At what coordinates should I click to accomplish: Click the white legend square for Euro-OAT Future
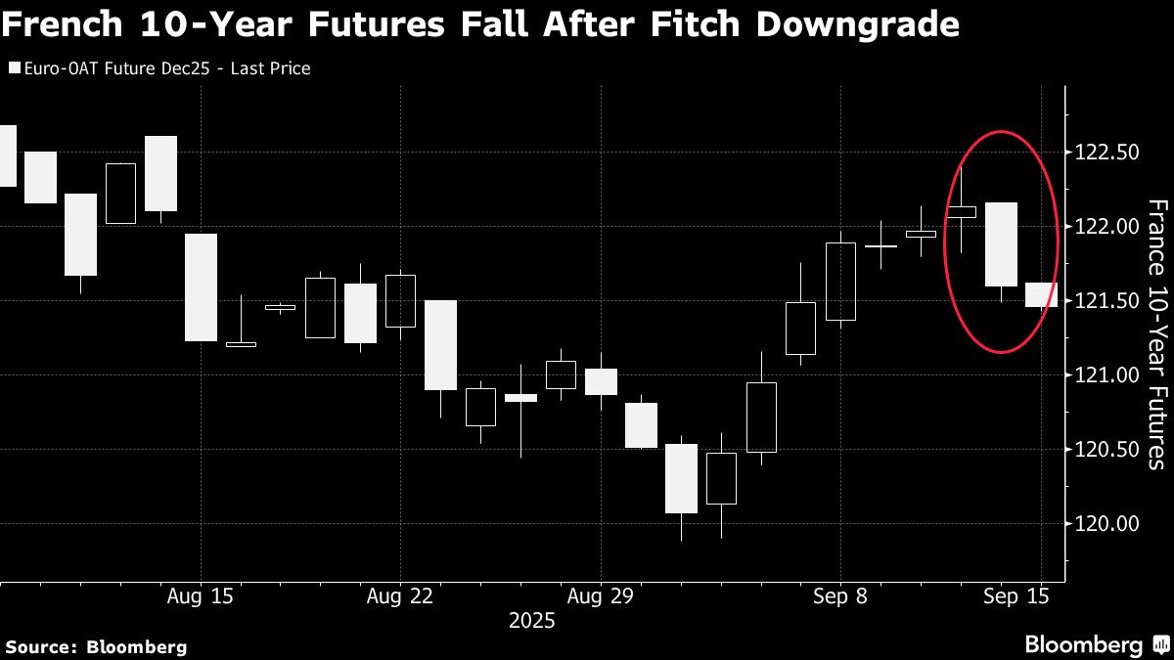click(14, 69)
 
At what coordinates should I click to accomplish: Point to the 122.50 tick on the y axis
click(1106, 153)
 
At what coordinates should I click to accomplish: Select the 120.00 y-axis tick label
click(1106, 523)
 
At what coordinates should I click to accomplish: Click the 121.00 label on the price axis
click(1106, 374)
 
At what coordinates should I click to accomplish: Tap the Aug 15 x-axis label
click(201, 594)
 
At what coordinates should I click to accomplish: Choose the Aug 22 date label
click(400, 594)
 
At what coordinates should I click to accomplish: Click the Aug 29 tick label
click(600, 594)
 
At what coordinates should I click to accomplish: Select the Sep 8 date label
click(840, 594)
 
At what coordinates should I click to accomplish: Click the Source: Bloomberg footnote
click(96, 646)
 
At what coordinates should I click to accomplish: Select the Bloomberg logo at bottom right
click(1096, 645)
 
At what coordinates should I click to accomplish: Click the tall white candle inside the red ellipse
click(1001, 244)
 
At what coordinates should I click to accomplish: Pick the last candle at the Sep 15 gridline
click(1041, 294)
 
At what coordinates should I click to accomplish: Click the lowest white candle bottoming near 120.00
click(681, 478)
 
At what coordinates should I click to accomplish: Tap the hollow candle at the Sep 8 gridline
click(840, 282)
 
